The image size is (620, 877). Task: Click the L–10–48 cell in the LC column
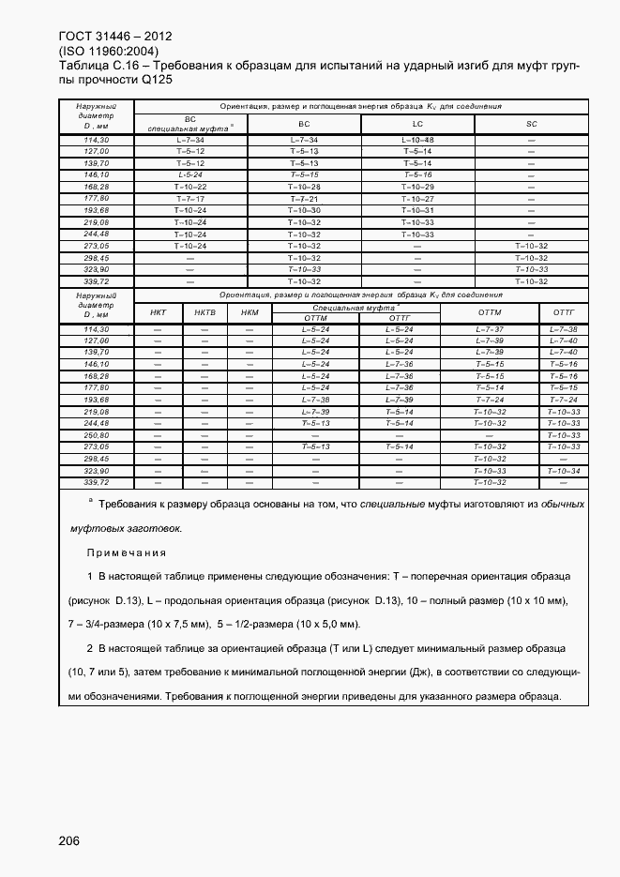417,140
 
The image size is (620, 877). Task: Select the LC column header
417,123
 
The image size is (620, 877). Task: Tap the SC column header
531,123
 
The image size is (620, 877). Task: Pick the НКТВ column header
204,312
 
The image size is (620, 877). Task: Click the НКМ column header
250,312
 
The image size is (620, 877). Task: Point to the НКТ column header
159,312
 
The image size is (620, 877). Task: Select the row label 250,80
97,435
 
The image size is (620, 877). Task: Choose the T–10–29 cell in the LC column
417,187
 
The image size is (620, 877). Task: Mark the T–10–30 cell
304,210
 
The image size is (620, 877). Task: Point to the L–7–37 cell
490,329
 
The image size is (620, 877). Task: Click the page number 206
68,840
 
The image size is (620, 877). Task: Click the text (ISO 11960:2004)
108,51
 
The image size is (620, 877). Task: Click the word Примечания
127,552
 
